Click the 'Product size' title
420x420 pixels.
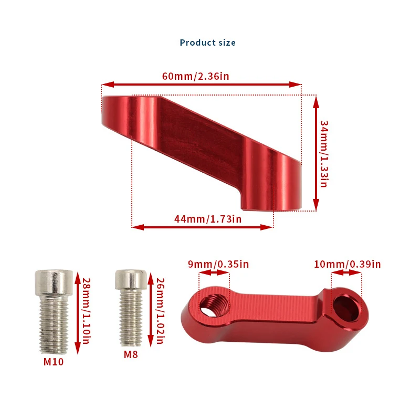(207, 43)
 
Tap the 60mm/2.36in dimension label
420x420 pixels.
(195, 76)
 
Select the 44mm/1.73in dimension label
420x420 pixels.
(208, 219)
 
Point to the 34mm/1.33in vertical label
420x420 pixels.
(324, 154)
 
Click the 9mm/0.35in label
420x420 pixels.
(218, 265)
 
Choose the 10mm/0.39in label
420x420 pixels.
(348, 265)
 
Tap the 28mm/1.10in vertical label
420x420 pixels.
(86, 311)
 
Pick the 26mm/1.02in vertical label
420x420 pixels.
(160, 311)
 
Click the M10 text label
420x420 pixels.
(54, 362)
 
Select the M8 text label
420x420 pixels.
(131, 355)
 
